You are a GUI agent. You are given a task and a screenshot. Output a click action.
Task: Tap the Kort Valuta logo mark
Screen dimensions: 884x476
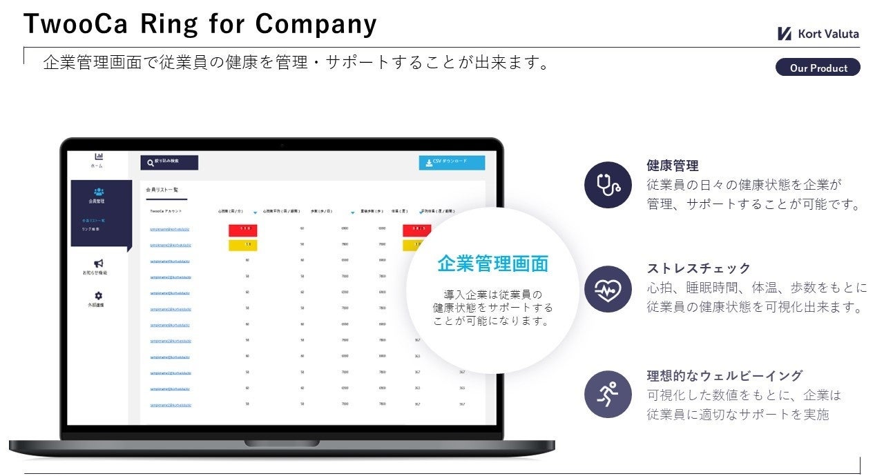784,34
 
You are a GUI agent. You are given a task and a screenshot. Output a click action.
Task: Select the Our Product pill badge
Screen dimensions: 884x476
818,68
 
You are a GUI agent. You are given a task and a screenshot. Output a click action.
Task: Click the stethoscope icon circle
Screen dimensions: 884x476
608,185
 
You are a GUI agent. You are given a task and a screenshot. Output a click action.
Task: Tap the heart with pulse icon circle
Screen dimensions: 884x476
608,289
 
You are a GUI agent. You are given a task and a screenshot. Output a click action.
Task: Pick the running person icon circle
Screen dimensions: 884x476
608,395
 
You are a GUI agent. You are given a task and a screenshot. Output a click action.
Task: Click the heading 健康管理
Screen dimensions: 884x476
672,166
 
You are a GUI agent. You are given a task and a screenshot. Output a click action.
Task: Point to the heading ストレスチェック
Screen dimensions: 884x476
698,268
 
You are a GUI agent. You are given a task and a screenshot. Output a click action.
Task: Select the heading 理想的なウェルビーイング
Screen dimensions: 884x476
724,376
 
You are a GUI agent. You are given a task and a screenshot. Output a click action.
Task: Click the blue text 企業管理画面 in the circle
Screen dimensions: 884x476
492,264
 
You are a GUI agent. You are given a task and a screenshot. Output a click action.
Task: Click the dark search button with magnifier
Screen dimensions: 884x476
169,162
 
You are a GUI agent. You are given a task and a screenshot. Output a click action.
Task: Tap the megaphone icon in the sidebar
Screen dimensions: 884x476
99,264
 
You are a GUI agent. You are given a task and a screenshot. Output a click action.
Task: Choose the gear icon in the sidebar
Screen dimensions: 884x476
99,295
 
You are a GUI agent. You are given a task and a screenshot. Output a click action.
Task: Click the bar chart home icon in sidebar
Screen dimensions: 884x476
98,157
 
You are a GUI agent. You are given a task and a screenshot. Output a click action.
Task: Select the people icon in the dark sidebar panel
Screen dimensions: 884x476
99,192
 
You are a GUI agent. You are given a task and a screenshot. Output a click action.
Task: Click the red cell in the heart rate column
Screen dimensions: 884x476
243,229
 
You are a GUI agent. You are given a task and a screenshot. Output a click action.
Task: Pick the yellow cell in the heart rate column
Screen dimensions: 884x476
243,244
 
